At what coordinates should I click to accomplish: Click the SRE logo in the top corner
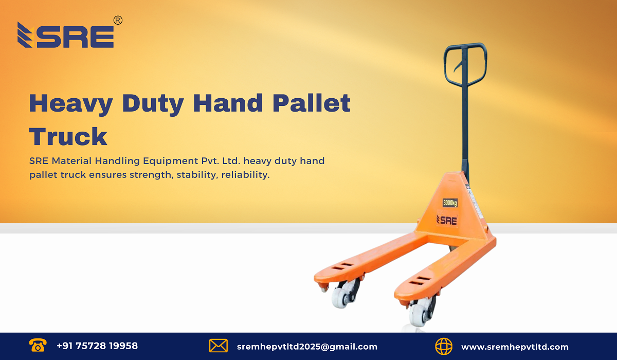tap(66, 35)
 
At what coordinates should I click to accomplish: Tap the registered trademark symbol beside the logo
tap(118, 20)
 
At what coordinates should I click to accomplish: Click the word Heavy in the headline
tap(70, 103)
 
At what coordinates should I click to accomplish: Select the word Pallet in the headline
tap(312, 103)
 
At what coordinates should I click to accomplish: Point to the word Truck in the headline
tap(68, 137)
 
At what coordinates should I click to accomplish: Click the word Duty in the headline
tap(152, 103)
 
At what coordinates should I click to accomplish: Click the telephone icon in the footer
tap(37, 346)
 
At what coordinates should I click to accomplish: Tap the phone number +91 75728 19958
tap(97, 346)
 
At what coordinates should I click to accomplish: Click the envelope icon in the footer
tap(219, 346)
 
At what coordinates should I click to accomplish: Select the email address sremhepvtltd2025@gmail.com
tap(307, 347)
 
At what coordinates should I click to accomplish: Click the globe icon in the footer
tap(444, 346)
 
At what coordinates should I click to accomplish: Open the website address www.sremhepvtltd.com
tap(515, 347)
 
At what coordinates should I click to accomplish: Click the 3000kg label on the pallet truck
tap(450, 203)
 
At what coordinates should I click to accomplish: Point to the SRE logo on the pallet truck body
tap(447, 220)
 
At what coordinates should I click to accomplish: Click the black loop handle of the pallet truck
tap(465, 64)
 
